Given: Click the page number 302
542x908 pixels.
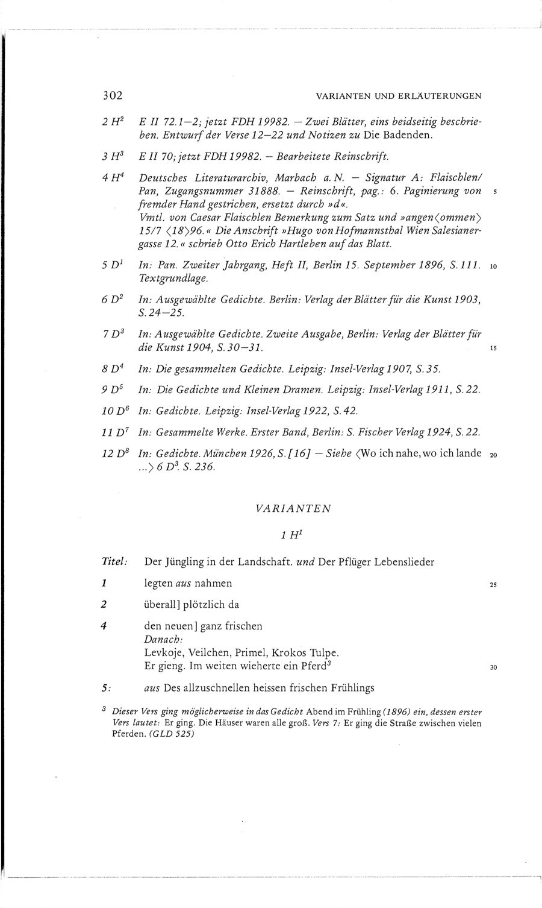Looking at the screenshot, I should click(112, 95).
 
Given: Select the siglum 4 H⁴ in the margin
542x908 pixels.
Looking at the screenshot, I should click(113, 177).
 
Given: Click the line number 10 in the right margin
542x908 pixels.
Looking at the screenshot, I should click(493, 266).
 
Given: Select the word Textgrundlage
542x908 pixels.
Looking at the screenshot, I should click(173, 279).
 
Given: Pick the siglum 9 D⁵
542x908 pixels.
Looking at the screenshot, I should click(113, 389).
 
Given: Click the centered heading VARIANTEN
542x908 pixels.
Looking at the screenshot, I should click(293, 508).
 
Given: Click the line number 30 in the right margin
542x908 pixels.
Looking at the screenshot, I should click(493, 667).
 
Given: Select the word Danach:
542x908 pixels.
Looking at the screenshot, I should click(163, 638).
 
